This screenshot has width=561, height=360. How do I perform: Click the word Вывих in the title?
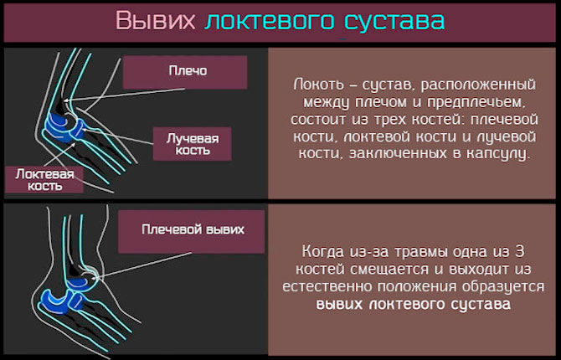tap(156, 20)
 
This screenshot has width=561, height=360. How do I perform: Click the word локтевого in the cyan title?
tap(270, 20)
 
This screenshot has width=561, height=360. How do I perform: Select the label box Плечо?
tap(185, 72)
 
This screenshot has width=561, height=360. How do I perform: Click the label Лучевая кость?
tap(192, 144)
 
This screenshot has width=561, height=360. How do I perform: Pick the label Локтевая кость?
tap(44, 180)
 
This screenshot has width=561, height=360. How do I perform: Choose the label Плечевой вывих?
tap(192, 232)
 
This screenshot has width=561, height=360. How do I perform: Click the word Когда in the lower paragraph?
tap(322, 251)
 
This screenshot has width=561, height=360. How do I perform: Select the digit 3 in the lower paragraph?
tap(519, 251)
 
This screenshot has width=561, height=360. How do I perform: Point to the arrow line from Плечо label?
tap(124, 95)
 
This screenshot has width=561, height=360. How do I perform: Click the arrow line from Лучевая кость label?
tap(118, 136)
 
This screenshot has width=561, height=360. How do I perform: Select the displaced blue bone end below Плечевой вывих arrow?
tap(80, 281)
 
